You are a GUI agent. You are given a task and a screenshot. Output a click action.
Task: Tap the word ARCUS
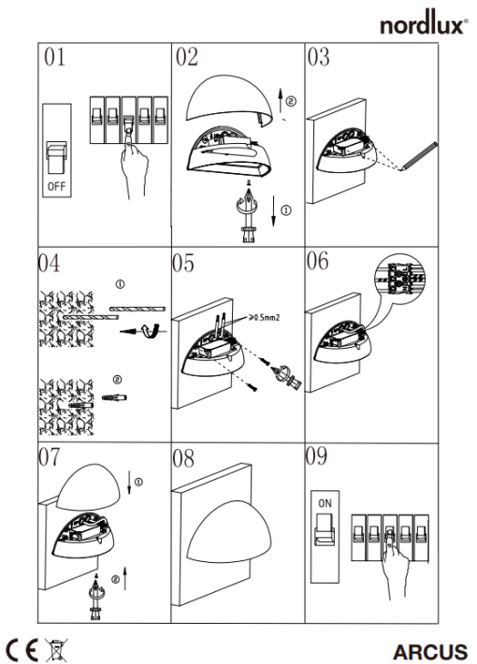[x=429, y=652]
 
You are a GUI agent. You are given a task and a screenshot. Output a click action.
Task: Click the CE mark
[x=22, y=650]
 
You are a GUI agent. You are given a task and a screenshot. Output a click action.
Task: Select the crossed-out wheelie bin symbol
[x=56, y=650]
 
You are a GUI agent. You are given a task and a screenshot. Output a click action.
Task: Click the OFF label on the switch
[x=56, y=186]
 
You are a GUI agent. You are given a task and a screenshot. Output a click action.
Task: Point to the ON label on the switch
[x=325, y=503]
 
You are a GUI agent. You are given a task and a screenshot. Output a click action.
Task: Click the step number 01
[x=54, y=57]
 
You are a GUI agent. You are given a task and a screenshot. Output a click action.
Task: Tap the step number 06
[x=317, y=261]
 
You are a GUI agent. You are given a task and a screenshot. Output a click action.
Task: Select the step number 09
[x=316, y=455]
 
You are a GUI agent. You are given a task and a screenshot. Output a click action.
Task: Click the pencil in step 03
[x=417, y=156]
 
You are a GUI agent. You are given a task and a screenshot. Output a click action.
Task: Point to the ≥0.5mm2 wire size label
[x=264, y=317]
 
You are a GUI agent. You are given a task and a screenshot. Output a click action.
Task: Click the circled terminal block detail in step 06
[x=400, y=278]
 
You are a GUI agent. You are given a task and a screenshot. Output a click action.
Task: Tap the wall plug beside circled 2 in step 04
[x=114, y=397]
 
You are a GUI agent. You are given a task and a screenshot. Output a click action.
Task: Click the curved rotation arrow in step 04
[x=150, y=330]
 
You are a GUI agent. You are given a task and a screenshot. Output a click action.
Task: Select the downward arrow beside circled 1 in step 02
[x=273, y=210]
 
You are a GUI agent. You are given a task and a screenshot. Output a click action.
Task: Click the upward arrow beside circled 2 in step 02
[x=280, y=100]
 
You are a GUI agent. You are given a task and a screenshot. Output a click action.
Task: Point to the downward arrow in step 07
[x=129, y=483]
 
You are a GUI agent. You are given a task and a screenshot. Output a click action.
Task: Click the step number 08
[x=183, y=458]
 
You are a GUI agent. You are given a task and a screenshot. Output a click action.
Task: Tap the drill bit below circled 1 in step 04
[x=91, y=317]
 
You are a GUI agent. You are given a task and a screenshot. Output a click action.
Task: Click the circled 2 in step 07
[x=115, y=579]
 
